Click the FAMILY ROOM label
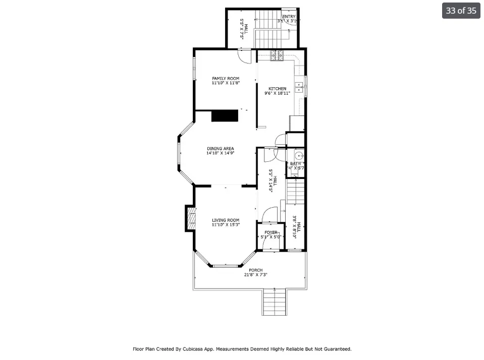(x=226, y=78)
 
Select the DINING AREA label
(x=220, y=149)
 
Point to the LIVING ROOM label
(x=225, y=220)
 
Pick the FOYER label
(x=271, y=232)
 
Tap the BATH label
(x=295, y=164)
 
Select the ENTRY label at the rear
(x=289, y=17)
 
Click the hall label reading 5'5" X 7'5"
(x=244, y=29)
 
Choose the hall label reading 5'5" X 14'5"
(x=273, y=180)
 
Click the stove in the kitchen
(x=277, y=56)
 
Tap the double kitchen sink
(x=299, y=89)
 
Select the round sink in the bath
(x=298, y=155)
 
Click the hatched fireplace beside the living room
(x=191, y=218)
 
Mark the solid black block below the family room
(x=225, y=115)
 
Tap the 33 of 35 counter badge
(x=461, y=11)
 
